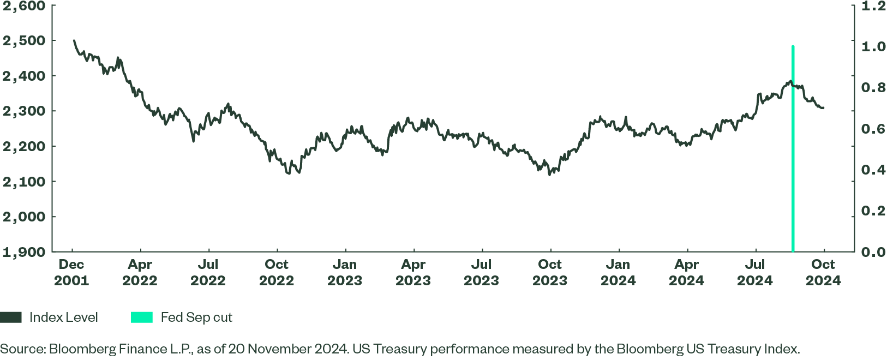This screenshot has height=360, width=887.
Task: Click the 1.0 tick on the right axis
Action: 873,47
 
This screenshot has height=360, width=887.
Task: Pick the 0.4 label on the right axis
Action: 873,170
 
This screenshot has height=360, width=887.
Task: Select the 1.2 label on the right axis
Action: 873,6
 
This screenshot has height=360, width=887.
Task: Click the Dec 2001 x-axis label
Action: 71,273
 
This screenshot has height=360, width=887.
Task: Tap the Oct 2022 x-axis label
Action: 277,273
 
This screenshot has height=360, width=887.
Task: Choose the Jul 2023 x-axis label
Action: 482,273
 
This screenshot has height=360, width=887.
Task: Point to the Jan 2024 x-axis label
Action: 618,273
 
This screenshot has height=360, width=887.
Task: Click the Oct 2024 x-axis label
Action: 823,273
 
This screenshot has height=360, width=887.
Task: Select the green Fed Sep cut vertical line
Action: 793,164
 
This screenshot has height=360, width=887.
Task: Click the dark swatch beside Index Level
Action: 11,317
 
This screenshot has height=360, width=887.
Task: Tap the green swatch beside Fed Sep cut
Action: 142,317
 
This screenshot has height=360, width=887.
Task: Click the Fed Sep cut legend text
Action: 196,317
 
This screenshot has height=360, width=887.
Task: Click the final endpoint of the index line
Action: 823,108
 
